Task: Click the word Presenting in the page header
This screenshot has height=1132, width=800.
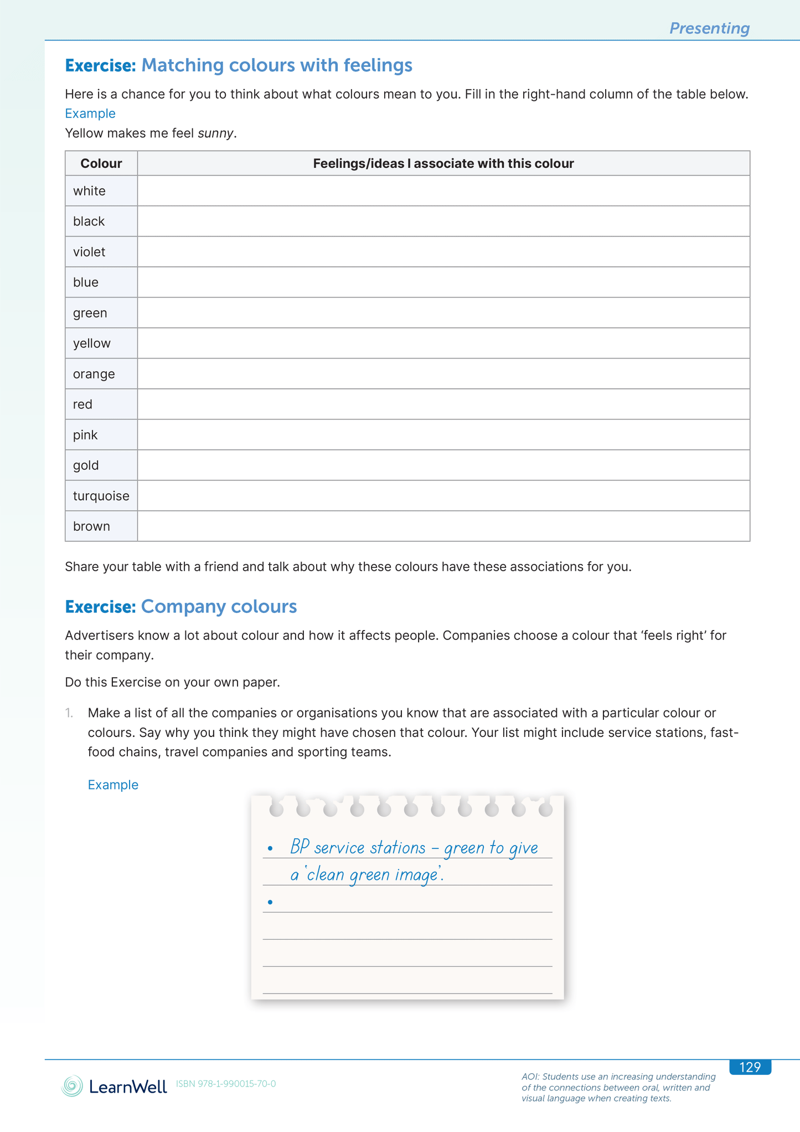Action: [709, 28]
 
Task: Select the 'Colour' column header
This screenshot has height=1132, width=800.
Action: [101, 163]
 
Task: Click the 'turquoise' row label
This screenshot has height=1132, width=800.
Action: [101, 496]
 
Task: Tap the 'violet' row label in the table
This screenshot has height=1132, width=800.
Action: [89, 252]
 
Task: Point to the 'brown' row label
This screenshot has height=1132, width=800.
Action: [91, 526]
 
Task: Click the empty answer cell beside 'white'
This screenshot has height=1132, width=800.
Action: [443, 191]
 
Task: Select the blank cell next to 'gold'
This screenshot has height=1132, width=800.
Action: [443, 465]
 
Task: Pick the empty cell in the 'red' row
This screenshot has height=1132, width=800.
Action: [443, 404]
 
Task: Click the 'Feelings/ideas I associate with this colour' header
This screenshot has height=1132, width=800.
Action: [443, 163]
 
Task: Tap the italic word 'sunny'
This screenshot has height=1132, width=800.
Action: [216, 134]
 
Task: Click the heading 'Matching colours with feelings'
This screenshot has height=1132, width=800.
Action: [277, 65]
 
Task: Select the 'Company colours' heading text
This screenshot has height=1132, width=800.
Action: [219, 607]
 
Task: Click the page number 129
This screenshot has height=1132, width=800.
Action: [750, 1067]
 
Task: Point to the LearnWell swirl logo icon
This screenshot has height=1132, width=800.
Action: [72, 1086]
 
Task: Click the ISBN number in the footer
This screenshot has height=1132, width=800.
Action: [226, 1084]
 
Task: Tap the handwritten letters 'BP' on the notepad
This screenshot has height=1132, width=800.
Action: [300, 847]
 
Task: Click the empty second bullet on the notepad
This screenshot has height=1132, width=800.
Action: [270, 902]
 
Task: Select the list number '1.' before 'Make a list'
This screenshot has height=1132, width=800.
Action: [69, 713]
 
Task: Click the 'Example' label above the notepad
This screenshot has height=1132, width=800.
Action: [113, 785]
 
